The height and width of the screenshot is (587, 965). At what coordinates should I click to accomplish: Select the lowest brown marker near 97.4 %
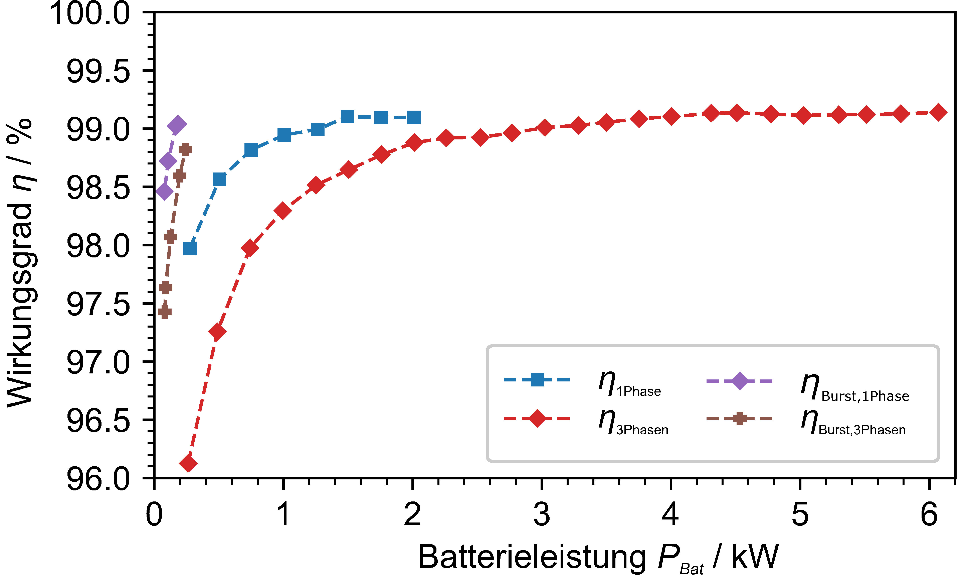click(x=165, y=312)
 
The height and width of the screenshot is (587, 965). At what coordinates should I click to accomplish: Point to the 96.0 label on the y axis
click(x=98, y=479)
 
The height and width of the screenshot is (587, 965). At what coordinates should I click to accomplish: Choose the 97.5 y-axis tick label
click(x=98, y=305)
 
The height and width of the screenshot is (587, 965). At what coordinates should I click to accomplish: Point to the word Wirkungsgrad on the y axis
click(x=20, y=306)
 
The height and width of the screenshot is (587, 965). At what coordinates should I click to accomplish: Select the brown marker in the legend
click(x=739, y=419)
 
